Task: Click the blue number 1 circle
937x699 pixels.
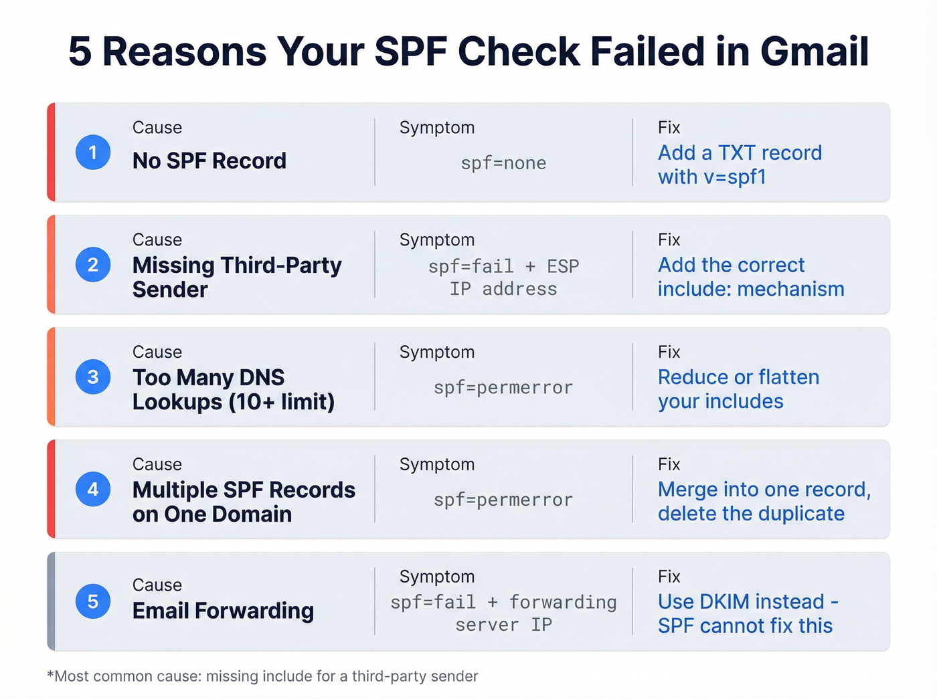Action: pos(93,153)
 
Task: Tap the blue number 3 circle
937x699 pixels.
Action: pos(93,377)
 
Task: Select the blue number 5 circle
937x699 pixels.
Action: pos(93,601)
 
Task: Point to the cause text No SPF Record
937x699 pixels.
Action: pos(209,161)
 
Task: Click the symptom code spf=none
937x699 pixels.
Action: pos(503,163)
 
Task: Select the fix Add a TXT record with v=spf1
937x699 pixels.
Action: pos(740,165)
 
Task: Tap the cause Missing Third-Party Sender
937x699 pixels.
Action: pos(237,277)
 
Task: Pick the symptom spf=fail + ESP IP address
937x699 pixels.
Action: pos(503,278)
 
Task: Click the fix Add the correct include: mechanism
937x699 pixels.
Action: pos(750,277)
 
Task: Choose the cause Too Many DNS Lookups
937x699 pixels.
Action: pos(233,389)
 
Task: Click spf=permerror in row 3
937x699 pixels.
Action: pos(503,388)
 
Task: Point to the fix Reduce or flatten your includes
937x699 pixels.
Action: pos(738,389)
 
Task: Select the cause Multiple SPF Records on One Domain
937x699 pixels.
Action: pos(244,502)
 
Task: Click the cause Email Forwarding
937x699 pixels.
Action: pos(223,611)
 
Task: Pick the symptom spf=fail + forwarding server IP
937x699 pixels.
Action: pos(503,613)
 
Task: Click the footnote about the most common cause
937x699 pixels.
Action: pos(263,676)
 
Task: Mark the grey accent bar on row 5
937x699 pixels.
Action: pos(51,601)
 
